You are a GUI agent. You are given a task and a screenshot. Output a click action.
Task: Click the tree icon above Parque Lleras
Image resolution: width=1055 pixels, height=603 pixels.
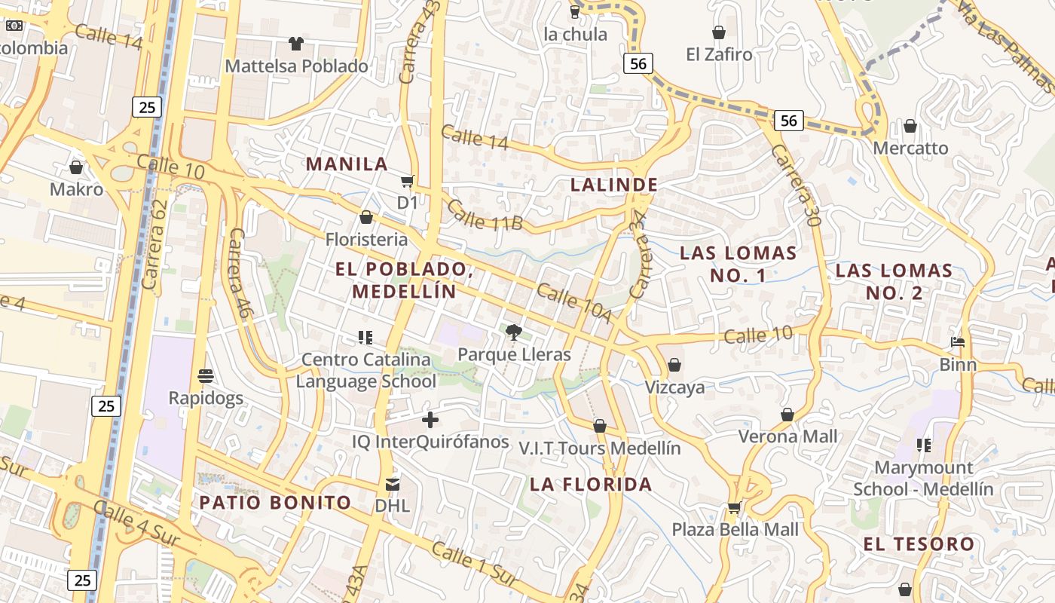tap(513, 332)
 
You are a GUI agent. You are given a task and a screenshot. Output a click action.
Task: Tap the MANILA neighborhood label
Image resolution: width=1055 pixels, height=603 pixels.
tap(347, 164)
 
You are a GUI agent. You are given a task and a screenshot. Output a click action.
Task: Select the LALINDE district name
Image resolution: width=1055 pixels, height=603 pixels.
tap(614, 185)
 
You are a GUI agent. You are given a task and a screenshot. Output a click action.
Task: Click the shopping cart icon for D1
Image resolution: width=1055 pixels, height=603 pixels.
tap(408, 181)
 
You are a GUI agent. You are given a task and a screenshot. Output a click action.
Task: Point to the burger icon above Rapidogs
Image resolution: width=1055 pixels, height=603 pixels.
tap(206, 375)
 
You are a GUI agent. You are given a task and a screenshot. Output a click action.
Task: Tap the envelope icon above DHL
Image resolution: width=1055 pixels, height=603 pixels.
tap(393, 483)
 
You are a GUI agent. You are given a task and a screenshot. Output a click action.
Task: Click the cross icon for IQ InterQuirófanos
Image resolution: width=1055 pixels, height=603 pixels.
tap(430, 420)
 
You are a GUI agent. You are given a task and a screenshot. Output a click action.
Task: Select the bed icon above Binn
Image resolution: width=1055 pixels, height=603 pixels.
tap(958, 342)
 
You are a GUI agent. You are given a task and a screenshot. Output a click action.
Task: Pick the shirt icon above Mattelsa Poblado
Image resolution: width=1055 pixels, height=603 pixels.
tap(296, 44)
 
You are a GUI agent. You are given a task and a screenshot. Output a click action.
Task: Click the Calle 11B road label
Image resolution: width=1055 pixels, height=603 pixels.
tap(485, 215)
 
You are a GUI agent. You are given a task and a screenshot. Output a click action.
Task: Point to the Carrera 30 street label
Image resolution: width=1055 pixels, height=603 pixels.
tap(795, 185)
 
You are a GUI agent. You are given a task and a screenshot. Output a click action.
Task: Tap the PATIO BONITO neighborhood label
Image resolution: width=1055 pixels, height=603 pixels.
tap(275, 502)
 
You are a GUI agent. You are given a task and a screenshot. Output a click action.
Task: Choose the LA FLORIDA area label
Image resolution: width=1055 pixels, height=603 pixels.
tap(591, 484)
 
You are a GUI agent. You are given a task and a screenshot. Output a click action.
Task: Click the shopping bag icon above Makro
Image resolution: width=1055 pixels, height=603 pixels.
tap(76, 167)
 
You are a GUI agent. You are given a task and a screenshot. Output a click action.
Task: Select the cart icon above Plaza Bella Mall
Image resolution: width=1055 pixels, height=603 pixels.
tap(734, 507)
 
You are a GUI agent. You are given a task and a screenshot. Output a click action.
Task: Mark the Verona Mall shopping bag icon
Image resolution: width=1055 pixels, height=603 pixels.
tap(787, 415)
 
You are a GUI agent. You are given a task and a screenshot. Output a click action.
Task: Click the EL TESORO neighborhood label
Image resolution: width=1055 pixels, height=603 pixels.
tap(919, 543)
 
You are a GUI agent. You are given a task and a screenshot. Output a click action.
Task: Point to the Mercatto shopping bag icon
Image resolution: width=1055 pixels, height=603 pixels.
tap(910, 126)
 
